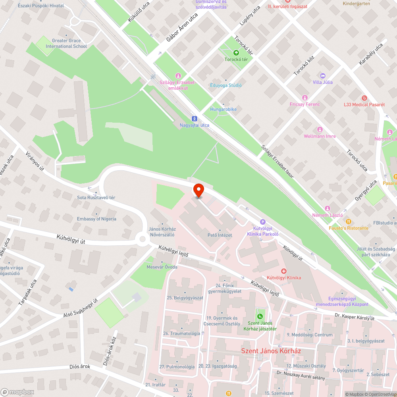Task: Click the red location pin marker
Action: [x=198, y=190]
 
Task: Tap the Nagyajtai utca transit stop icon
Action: [x=194, y=118]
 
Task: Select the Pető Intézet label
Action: [x=220, y=235]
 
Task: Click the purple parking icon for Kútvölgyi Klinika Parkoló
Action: [x=262, y=222]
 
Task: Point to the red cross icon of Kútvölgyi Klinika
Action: [x=284, y=271]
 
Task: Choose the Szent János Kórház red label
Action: [x=272, y=351]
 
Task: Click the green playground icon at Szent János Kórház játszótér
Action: [x=260, y=316]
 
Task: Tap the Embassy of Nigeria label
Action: [x=96, y=219]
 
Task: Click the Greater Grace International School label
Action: [x=66, y=43]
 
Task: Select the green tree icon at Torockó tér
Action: [x=236, y=52]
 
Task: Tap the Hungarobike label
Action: [x=223, y=109]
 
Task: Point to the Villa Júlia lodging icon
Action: [x=322, y=75]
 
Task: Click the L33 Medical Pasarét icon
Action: [x=364, y=98]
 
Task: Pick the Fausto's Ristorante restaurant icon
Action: [x=348, y=222]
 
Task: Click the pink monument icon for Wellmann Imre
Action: [x=320, y=129]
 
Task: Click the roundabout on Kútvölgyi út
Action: [x=142, y=239]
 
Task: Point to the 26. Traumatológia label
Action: [x=181, y=333]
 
